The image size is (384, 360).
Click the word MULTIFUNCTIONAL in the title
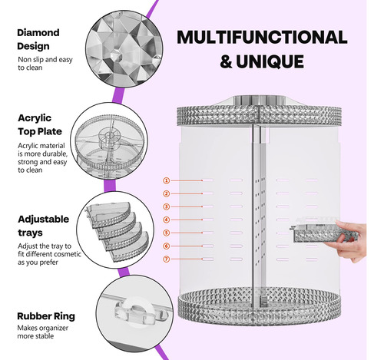pos(262,38)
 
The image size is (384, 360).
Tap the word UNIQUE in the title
pos(270,61)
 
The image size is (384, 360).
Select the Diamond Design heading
pos(38,39)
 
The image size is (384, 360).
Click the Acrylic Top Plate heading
pos(40,124)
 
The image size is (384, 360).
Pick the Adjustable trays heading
pos(44,226)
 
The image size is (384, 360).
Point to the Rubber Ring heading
pos(46,316)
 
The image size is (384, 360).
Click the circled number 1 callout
pos(167,180)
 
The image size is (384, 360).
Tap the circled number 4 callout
pos(167,220)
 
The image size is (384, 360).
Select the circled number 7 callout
pos(167,259)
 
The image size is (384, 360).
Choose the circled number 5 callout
pos(167,233)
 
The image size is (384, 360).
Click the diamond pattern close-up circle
pos(124,49)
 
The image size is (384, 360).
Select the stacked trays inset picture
pos(115,230)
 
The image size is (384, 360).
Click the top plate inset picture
pos(109,140)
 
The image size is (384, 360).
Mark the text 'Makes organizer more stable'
pos(43,332)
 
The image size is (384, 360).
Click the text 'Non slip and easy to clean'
pos(45,64)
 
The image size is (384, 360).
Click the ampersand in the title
pos(226,61)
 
